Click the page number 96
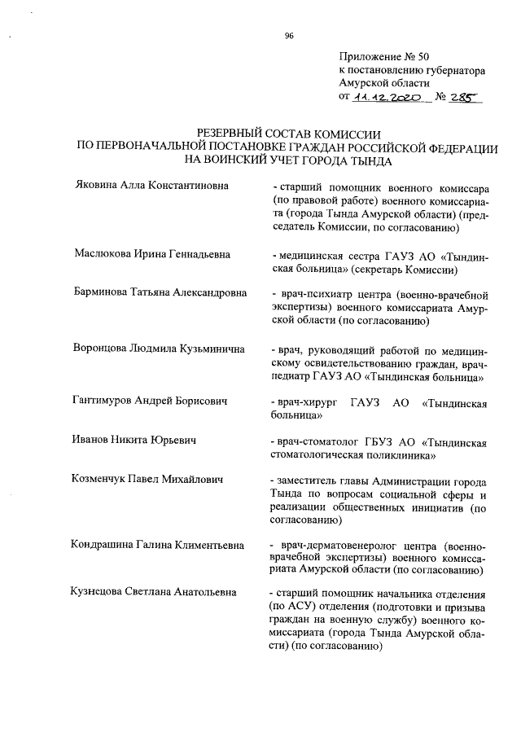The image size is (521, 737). click(x=289, y=35)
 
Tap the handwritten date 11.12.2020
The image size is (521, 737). click(x=387, y=97)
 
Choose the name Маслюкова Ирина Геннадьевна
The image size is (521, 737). click(x=151, y=255)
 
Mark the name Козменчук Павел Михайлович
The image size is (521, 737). click(x=147, y=479)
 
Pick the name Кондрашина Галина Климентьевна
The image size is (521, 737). click(x=157, y=544)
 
